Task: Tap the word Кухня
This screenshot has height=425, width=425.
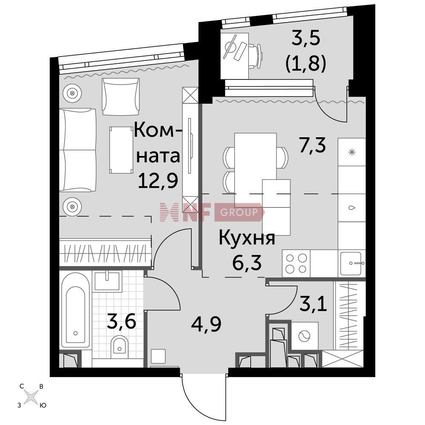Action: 246,238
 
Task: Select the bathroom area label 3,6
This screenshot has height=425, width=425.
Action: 121,321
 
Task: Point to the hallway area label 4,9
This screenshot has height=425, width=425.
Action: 206,324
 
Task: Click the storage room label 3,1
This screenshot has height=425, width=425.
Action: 313,304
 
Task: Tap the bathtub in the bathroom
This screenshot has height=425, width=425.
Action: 75,310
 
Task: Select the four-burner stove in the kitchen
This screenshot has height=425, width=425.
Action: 296,263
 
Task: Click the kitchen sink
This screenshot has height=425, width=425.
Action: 351,263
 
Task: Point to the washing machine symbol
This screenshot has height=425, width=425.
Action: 305,336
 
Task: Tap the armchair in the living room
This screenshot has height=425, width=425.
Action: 121,97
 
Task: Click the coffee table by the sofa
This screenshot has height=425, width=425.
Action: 121,150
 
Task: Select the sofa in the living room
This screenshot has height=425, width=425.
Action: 78,150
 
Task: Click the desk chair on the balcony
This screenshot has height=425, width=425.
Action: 255,57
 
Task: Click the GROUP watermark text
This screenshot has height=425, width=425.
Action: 239,212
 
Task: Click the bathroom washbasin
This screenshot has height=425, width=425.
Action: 107,281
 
